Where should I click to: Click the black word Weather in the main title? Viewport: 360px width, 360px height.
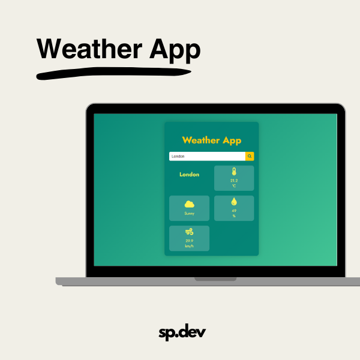click(89, 49)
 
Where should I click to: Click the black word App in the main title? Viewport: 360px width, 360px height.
click(175, 50)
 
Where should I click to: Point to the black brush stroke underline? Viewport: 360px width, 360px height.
click(113, 73)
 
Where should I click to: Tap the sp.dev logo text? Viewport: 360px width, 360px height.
click(182, 332)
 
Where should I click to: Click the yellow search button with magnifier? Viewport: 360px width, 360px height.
click(250, 156)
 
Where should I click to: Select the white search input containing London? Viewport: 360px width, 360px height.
click(207, 156)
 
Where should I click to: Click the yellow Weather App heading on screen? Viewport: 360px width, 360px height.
click(211, 140)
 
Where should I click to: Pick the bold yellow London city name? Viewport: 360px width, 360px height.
click(189, 175)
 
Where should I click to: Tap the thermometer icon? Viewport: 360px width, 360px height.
click(234, 172)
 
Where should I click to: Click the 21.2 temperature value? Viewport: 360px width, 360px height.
click(234, 181)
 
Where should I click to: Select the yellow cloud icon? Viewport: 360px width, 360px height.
click(189, 204)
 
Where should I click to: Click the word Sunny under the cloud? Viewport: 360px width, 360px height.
click(189, 214)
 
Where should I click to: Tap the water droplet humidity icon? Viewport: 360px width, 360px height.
click(234, 202)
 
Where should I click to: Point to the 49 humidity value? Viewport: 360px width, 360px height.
click(234, 211)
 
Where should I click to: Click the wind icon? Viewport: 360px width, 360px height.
click(189, 232)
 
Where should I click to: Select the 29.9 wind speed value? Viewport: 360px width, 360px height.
click(189, 241)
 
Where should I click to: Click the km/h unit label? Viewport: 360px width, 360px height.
click(189, 246)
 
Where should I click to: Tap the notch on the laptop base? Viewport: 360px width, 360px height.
click(215, 279)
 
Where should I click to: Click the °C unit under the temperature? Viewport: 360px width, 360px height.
click(234, 186)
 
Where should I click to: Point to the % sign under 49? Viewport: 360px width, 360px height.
click(234, 216)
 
